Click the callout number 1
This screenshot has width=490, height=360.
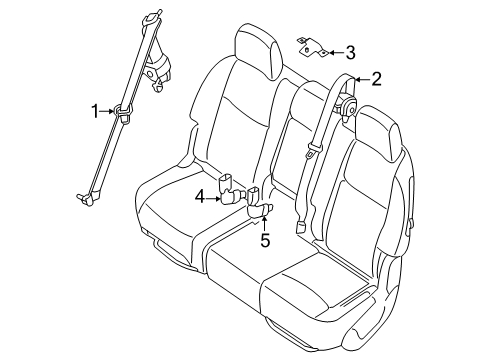pos(95,111)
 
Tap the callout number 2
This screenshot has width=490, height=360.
pos(376,79)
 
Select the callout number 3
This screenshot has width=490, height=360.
pos(350,53)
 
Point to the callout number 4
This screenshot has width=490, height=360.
pos(199,198)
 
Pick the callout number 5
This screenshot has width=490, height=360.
pos(265,240)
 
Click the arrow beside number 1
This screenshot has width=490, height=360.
pos(107,111)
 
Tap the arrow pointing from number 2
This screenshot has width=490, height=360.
pos(363,79)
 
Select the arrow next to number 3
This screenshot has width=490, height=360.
pos(336,53)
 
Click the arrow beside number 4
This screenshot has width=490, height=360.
pos(213,199)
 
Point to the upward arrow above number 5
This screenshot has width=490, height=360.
pos(264,223)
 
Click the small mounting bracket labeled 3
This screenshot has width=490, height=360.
pos(313,47)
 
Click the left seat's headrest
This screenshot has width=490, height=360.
pos(257,50)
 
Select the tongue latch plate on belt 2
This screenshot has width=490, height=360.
pos(312,150)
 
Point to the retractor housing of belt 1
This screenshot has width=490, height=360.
pos(157,68)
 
